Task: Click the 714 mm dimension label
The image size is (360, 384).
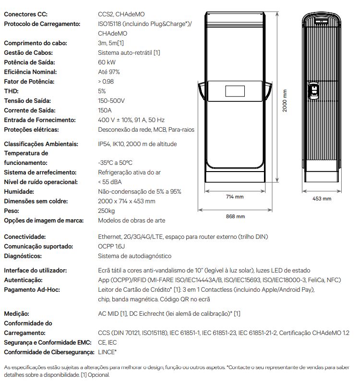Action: (x=235, y=197)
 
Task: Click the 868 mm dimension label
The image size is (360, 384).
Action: (x=235, y=216)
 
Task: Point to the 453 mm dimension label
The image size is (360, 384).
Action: (x=322, y=198)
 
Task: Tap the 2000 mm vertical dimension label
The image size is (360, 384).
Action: (x=285, y=100)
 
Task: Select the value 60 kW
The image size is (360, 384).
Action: (x=106, y=62)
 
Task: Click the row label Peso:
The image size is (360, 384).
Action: (x=12, y=211)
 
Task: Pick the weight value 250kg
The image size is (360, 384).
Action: (x=107, y=211)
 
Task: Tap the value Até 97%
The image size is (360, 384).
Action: (x=109, y=72)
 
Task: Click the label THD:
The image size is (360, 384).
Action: (x=11, y=91)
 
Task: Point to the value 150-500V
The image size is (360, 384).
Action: (x=111, y=101)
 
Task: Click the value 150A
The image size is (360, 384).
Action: (x=106, y=111)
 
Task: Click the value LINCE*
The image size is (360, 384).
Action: (x=108, y=352)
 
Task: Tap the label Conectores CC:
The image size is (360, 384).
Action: (x=25, y=14)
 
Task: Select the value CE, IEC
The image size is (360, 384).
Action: (x=108, y=342)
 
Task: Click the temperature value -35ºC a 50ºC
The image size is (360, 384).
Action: (x=115, y=162)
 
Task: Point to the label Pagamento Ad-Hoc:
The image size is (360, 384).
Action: (x=31, y=289)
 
